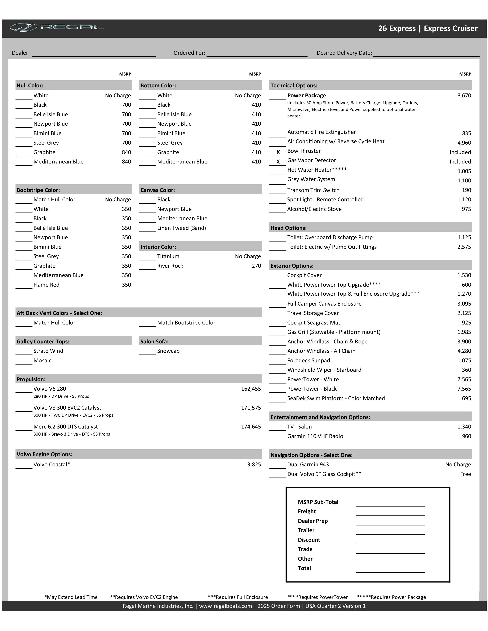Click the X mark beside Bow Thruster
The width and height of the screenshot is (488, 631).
coord(278,152)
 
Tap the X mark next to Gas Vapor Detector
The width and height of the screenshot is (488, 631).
coord(278,162)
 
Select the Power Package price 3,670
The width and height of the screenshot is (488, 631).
coord(464,96)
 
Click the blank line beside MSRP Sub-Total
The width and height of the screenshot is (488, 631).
coord(390,504)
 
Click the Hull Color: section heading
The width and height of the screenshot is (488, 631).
coord(30,85)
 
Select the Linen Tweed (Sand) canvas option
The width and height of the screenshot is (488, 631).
coord(182,228)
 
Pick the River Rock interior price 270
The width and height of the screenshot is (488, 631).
coord(256,266)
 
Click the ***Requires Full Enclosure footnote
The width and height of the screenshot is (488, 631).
coord(238,597)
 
